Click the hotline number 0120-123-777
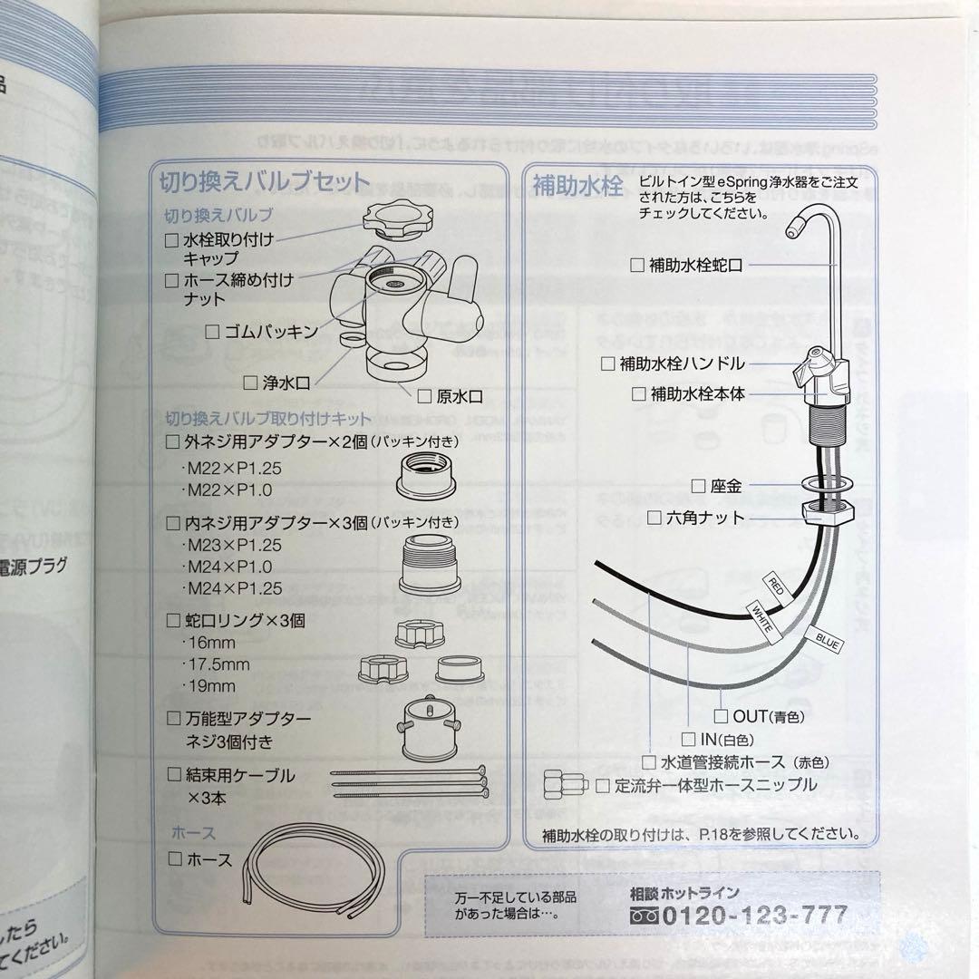pos(755,916)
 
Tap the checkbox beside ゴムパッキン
pos(212,332)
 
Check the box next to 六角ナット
pos(654,518)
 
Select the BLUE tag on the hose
pos(824,639)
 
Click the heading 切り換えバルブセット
pos(265,183)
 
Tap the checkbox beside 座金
pos(698,486)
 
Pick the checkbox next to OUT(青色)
pos(722,716)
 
